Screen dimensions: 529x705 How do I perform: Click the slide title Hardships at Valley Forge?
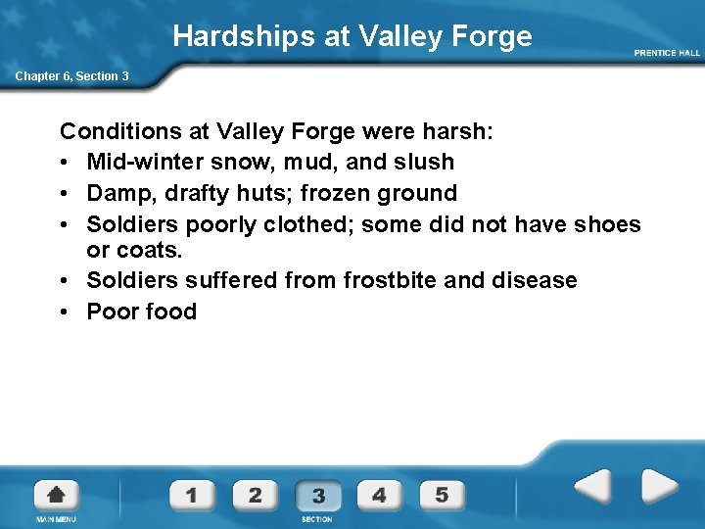[352, 37]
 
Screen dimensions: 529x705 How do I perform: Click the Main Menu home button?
[56, 495]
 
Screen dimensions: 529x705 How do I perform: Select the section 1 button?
[192, 495]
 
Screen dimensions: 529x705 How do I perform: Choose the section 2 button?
[255, 495]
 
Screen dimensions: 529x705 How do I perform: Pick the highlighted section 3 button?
[317, 496]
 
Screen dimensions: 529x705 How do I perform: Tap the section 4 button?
[379, 495]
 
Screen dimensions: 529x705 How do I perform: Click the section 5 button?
[442, 495]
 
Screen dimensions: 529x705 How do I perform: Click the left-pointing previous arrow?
[592, 486]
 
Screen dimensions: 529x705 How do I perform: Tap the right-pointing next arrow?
[659, 486]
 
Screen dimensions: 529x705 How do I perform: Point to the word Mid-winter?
[142, 162]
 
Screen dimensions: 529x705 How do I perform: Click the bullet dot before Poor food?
[67, 312]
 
